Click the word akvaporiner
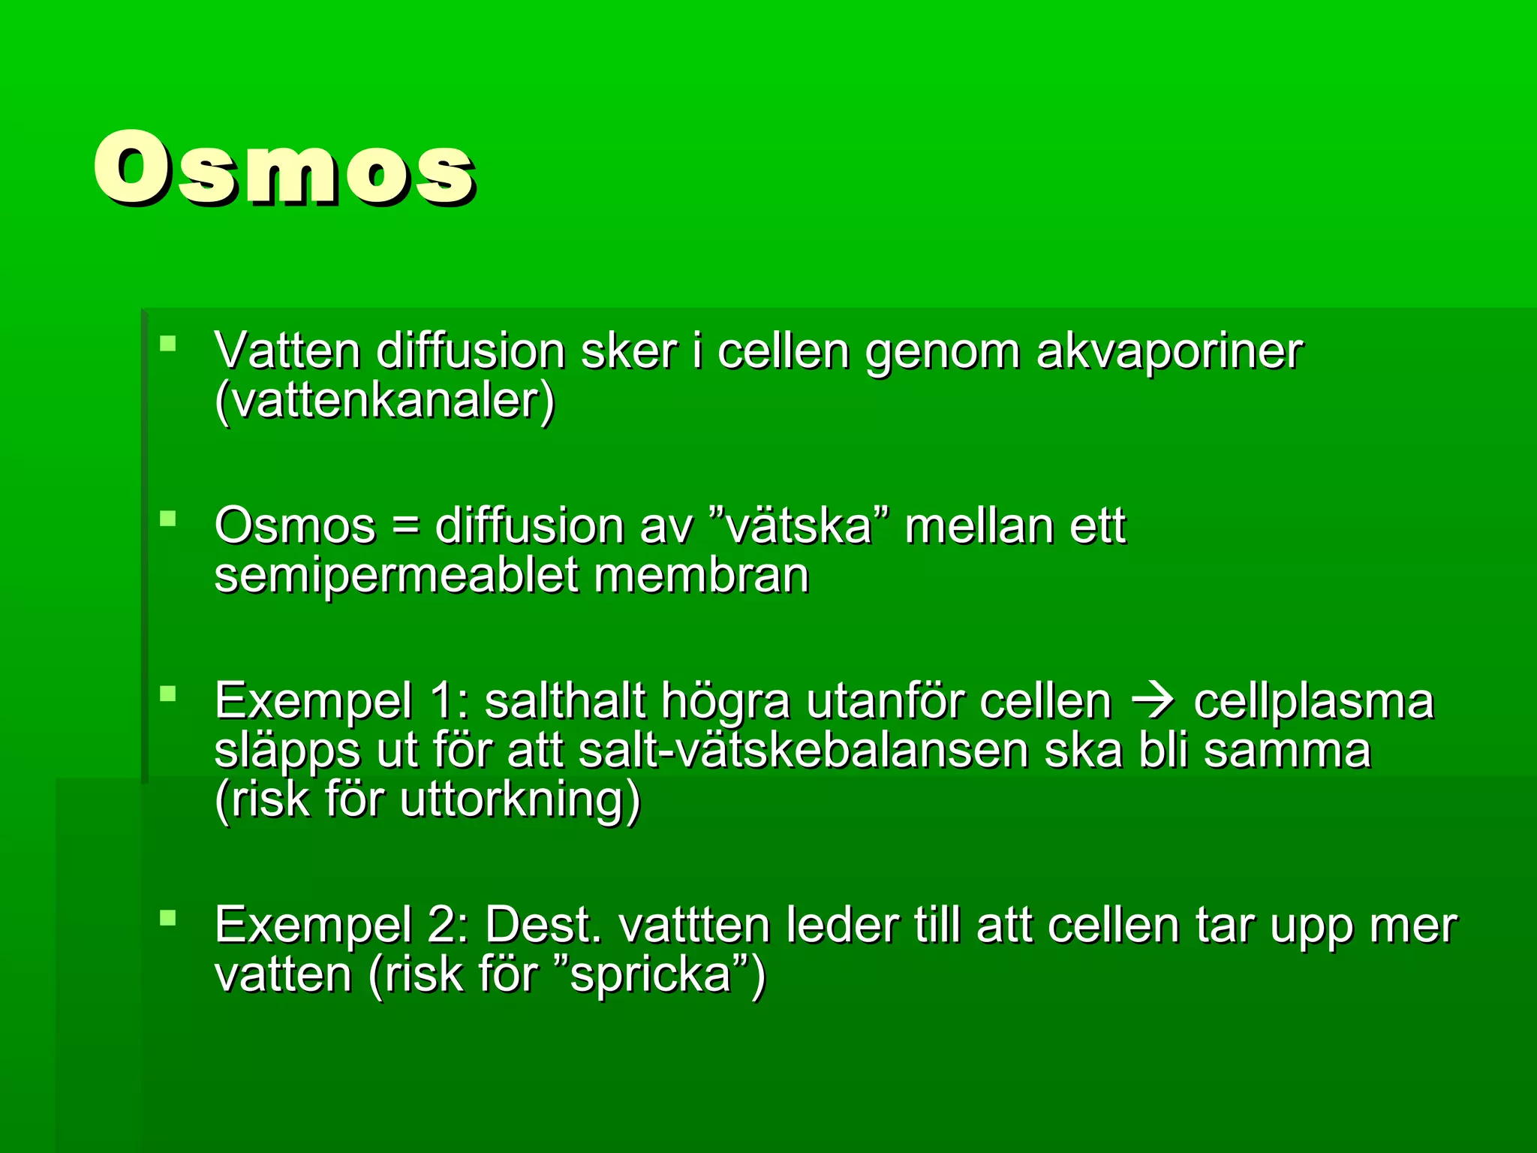pyautogui.click(x=1169, y=351)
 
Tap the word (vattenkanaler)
pyautogui.click(x=384, y=401)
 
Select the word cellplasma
pyautogui.click(x=1313, y=702)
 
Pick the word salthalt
pyautogui.click(x=564, y=702)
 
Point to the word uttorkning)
pyautogui.click(x=519, y=800)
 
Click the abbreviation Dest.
pyautogui.click(x=543, y=926)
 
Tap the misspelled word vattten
pyautogui.click(x=695, y=926)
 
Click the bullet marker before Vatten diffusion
pyautogui.click(x=167, y=345)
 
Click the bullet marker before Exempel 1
pyautogui.click(x=167, y=694)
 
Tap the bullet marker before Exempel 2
pyautogui.click(x=167, y=917)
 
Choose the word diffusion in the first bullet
pyautogui.click(x=470, y=351)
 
